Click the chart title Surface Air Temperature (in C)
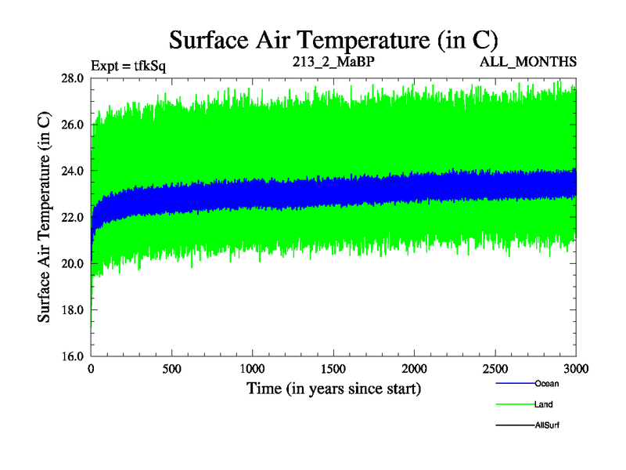coord(334,39)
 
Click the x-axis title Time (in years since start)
coord(334,388)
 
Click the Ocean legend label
coord(547,384)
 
